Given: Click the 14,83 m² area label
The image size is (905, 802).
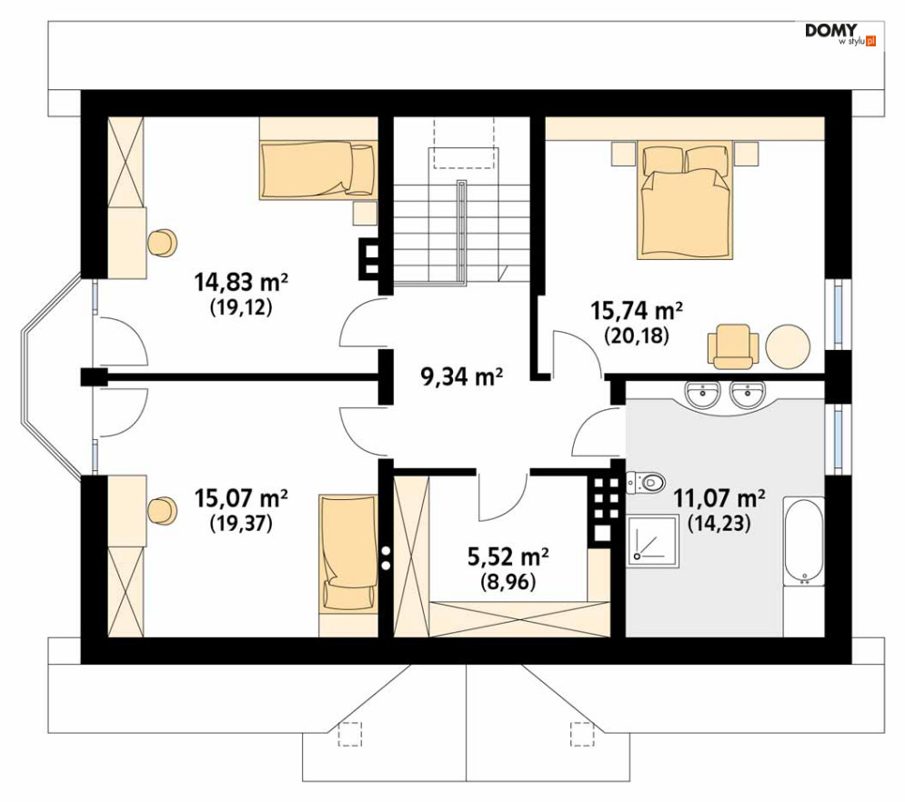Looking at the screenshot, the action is [241, 283].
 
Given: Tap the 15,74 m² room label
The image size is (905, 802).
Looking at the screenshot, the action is [637, 310].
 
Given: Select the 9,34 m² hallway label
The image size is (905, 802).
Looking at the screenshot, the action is [462, 377].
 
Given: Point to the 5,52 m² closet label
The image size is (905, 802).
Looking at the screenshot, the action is [508, 557].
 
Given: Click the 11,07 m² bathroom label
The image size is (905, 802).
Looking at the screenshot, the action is [719, 497].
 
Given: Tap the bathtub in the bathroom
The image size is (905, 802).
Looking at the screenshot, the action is [803, 541].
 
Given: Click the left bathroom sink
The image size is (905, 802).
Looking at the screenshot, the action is [702, 396].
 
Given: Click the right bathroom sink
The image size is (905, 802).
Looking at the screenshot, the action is [748, 396].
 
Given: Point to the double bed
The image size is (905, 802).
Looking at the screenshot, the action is [685, 202].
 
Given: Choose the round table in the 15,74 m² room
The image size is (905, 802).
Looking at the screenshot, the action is [788, 346].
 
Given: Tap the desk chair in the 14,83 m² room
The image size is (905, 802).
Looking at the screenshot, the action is [162, 243].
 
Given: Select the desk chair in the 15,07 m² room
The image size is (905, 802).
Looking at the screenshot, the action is [162, 510].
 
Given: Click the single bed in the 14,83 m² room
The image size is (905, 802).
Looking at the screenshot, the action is [318, 170].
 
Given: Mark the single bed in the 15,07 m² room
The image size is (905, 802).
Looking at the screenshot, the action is [348, 553].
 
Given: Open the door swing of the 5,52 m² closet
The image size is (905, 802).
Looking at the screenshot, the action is [503, 496].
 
